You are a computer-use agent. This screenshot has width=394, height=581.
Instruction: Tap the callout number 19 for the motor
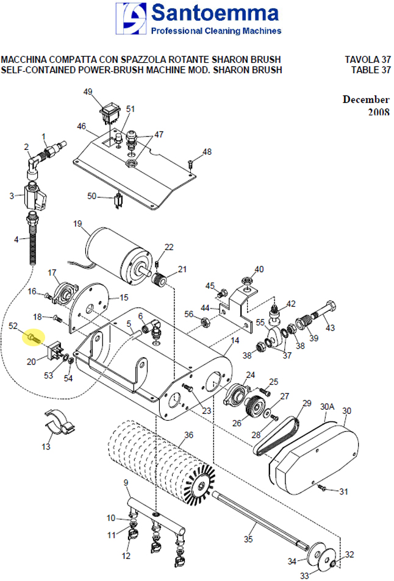pyautogui.click(x=77, y=224)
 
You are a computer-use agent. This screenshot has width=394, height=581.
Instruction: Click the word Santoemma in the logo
pyautogui.click(x=215, y=13)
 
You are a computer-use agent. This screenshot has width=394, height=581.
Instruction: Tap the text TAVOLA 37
pyautogui.click(x=367, y=59)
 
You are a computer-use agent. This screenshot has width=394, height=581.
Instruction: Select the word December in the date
pyautogui.click(x=366, y=99)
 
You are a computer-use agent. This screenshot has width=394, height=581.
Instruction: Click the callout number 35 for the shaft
pyautogui.click(x=248, y=539)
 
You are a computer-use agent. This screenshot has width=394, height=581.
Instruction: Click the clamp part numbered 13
pyautogui.click(x=60, y=422)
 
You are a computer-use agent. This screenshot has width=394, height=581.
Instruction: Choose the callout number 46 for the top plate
pyautogui.click(x=81, y=126)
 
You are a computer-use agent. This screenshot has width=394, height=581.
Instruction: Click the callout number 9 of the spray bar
pyautogui.click(x=126, y=482)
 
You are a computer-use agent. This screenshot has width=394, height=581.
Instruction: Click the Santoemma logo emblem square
pyautogui.click(x=131, y=18)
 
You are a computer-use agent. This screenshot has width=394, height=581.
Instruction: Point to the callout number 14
pyautogui.click(x=235, y=340)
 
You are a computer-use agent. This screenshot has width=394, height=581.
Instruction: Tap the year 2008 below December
pyautogui.click(x=379, y=112)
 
